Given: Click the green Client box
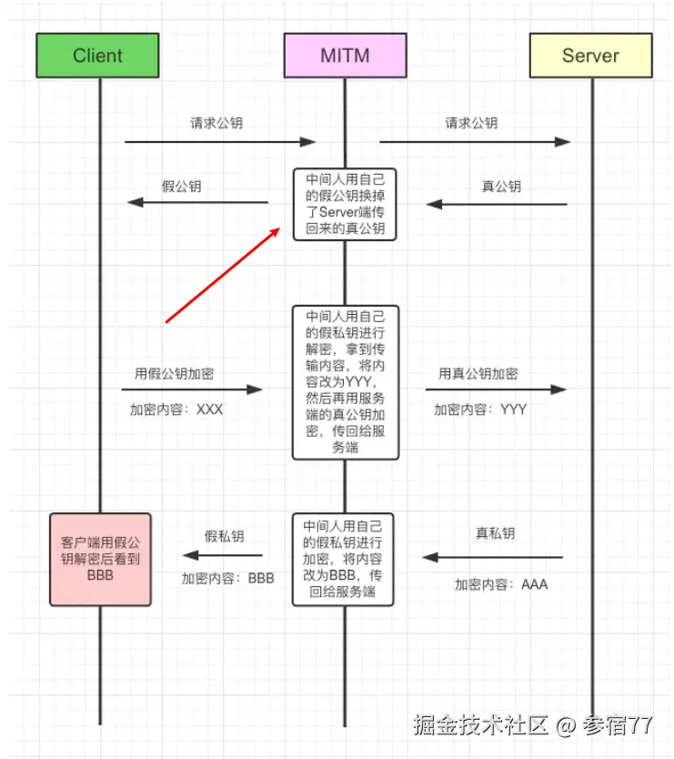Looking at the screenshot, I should click(x=97, y=56).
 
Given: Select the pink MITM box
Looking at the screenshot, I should click(x=345, y=56).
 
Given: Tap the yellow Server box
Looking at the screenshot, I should click(x=590, y=56).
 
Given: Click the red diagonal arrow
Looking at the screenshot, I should click(x=223, y=276).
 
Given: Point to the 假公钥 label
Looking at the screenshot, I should click(x=181, y=187).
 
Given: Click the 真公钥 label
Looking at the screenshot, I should click(x=501, y=187).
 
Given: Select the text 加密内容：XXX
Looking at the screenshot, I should click(x=176, y=410).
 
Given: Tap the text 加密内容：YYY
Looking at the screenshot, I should click(x=480, y=410).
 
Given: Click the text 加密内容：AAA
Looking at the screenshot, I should click(x=501, y=584).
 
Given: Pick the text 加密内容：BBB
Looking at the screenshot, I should click(x=227, y=578).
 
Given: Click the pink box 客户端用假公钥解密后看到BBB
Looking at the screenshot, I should click(x=100, y=559).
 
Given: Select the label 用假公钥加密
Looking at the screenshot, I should click(x=175, y=374).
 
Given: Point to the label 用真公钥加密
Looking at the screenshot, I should click(x=478, y=374).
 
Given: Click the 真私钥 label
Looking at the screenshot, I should click(x=495, y=533).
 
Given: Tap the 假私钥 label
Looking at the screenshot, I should click(x=224, y=537).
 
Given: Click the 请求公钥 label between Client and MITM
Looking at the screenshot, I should click(x=216, y=123).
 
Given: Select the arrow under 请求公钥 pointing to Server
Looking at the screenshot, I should click(x=474, y=141).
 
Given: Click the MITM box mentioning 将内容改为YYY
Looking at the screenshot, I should click(x=345, y=382).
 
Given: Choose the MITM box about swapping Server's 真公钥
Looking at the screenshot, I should click(x=345, y=204).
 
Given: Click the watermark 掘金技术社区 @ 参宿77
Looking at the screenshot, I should click(x=532, y=725).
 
